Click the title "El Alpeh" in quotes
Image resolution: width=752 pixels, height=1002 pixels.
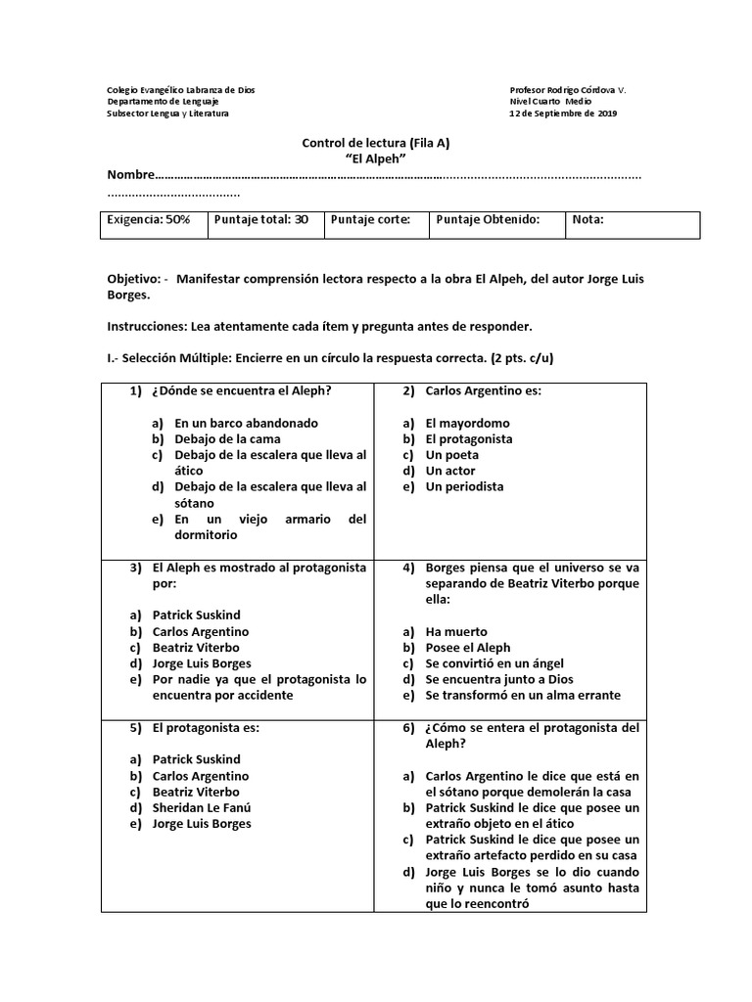pyautogui.click(x=376, y=159)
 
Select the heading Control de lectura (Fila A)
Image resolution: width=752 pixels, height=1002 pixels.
pyautogui.click(x=376, y=143)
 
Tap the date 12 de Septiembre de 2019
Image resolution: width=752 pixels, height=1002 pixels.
pyautogui.click(x=563, y=114)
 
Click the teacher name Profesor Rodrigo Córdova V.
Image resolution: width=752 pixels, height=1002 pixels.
pyautogui.click(x=568, y=90)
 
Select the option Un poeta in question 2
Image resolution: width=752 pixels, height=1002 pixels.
pyautogui.click(x=451, y=455)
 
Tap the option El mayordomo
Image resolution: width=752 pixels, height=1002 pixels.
pyautogui.click(x=468, y=424)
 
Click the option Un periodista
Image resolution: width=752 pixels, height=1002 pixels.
pyautogui.click(x=464, y=486)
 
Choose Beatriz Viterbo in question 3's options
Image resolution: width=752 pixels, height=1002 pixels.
pyautogui.click(x=196, y=648)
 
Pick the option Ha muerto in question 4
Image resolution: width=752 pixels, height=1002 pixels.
pyautogui.click(x=455, y=632)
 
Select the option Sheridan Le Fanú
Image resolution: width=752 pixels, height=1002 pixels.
pyautogui.click(x=202, y=807)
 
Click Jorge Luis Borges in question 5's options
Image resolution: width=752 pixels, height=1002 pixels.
pyautogui.click(x=202, y=823)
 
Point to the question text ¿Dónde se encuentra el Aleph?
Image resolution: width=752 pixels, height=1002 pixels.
pyautogui.click(x=241, y=391)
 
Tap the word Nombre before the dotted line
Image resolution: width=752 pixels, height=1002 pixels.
pyautogui.click(x=130, y=175)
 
